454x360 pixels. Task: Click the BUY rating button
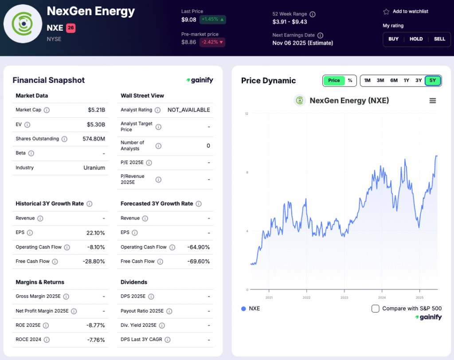[393, 39]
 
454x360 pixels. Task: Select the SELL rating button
[439, 39]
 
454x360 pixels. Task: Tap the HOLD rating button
[416, 39]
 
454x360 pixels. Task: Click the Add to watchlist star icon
[386, 12]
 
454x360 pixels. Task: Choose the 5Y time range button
[433, 80]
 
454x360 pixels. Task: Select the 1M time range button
[367, 80]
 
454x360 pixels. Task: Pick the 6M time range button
[394, 80]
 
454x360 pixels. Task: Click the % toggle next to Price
[350, 80]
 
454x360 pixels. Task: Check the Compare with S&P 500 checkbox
[375, 309]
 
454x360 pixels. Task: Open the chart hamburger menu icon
[433, 101]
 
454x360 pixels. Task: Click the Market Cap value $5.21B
[96, 110]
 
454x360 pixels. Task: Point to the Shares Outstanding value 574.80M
[94, 139]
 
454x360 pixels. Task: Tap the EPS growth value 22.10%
[95, 233]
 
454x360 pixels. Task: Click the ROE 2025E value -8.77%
[95, 325]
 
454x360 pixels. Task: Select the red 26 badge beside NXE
[71, 28]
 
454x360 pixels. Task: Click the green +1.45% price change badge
[213, 20]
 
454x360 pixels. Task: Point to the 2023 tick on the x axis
[344, 297]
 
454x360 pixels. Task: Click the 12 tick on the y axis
[247, 114]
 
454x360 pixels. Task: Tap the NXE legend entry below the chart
[250, 309]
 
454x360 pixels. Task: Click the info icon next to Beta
[31, 153]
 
